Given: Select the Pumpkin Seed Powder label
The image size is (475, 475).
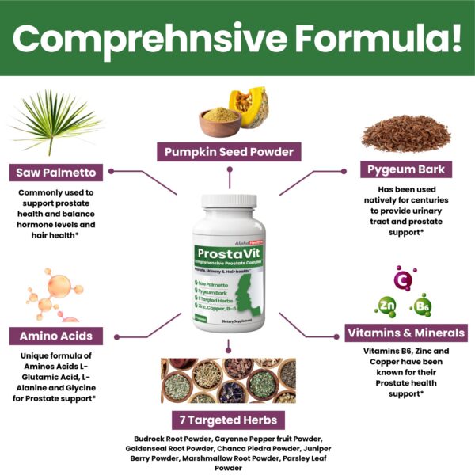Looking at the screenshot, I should click(230, 151).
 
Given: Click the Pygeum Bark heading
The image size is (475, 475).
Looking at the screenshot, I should click(404, 169).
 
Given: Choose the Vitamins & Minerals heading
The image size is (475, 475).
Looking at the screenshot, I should click(405, 332).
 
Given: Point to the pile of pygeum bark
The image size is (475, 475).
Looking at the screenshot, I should click(405, 133).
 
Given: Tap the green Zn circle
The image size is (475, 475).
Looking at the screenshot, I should click(386, 305).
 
